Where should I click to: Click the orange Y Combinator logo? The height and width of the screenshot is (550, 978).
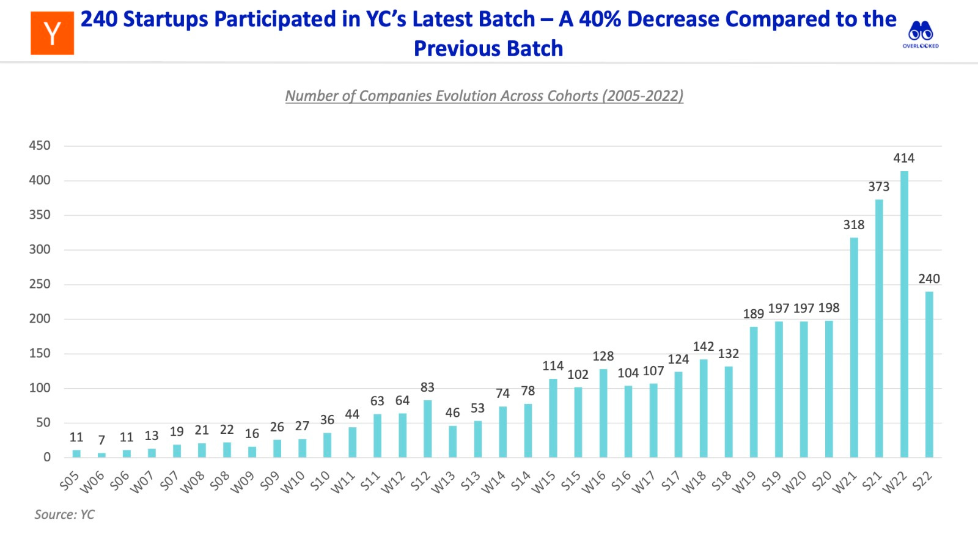[53, 33]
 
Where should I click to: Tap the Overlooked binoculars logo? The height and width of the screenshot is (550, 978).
[921, 33]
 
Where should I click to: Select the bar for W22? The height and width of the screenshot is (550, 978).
[904, 314]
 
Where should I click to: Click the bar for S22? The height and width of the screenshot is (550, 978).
[929, 374]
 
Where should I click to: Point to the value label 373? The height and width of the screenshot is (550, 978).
[879, 187]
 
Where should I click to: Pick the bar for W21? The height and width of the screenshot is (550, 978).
[854, 347]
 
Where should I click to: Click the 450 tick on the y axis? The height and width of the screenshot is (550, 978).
[40, 145]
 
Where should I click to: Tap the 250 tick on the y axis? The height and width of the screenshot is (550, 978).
[40, 284]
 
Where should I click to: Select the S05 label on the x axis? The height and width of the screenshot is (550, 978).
[69, 482]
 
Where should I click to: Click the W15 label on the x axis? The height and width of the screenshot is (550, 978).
[543, 482]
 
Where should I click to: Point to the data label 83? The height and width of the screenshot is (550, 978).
[427, 387]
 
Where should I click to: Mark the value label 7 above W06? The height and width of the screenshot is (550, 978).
[101, 440]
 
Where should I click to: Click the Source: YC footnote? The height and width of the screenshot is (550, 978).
[64, 515]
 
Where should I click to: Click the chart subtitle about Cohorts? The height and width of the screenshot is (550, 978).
[484, 96]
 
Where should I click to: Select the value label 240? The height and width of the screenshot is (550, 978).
[929, 279]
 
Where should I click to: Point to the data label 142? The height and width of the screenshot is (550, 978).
[704, 346]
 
